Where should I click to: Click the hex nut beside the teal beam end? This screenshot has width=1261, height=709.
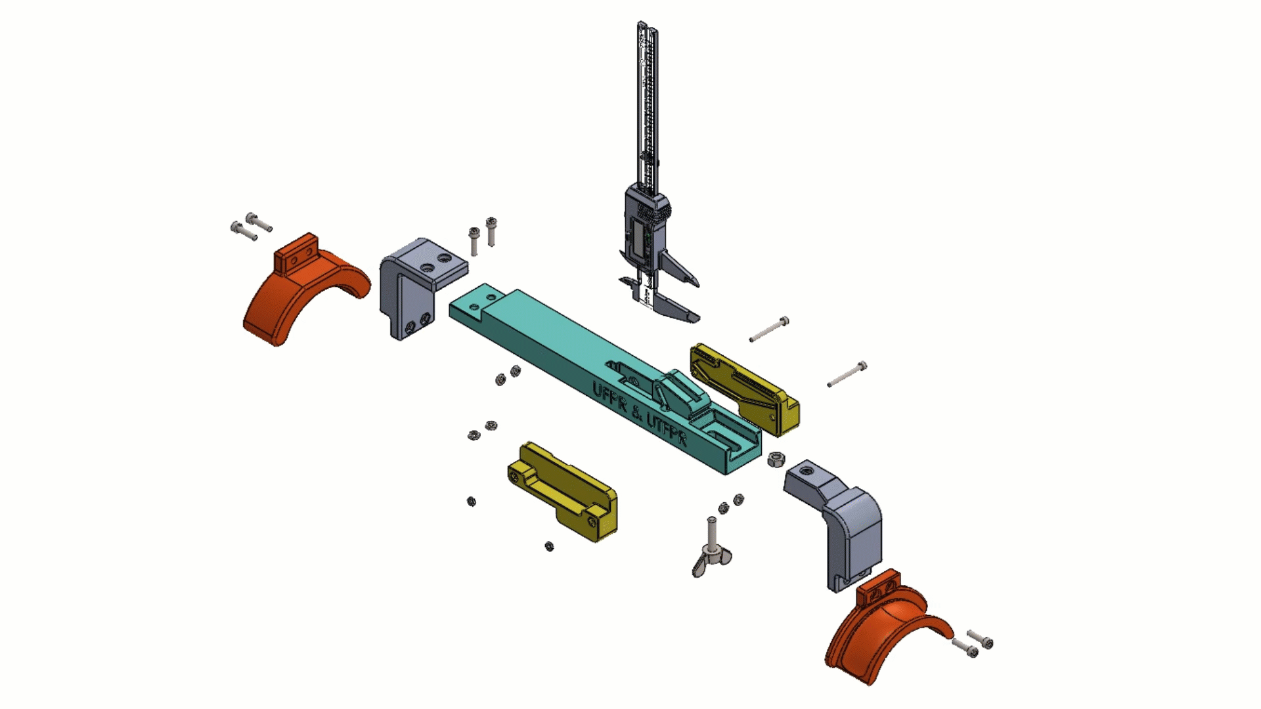click(x=776, y=459)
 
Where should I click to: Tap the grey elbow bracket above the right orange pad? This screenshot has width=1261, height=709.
click(x=847, y=519)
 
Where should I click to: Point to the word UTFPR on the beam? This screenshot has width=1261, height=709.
click(x=667, y=429)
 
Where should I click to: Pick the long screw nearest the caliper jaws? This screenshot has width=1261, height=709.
click(x=769, y=330)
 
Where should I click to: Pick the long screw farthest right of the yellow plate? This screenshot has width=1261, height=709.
click(x=847, y=374)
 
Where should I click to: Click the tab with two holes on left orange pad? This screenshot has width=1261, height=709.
click(x=297, y=255)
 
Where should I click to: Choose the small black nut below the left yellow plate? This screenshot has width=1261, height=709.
click(x=549, y=546)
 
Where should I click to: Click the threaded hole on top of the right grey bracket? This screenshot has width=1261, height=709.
click(x=807, y=471)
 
